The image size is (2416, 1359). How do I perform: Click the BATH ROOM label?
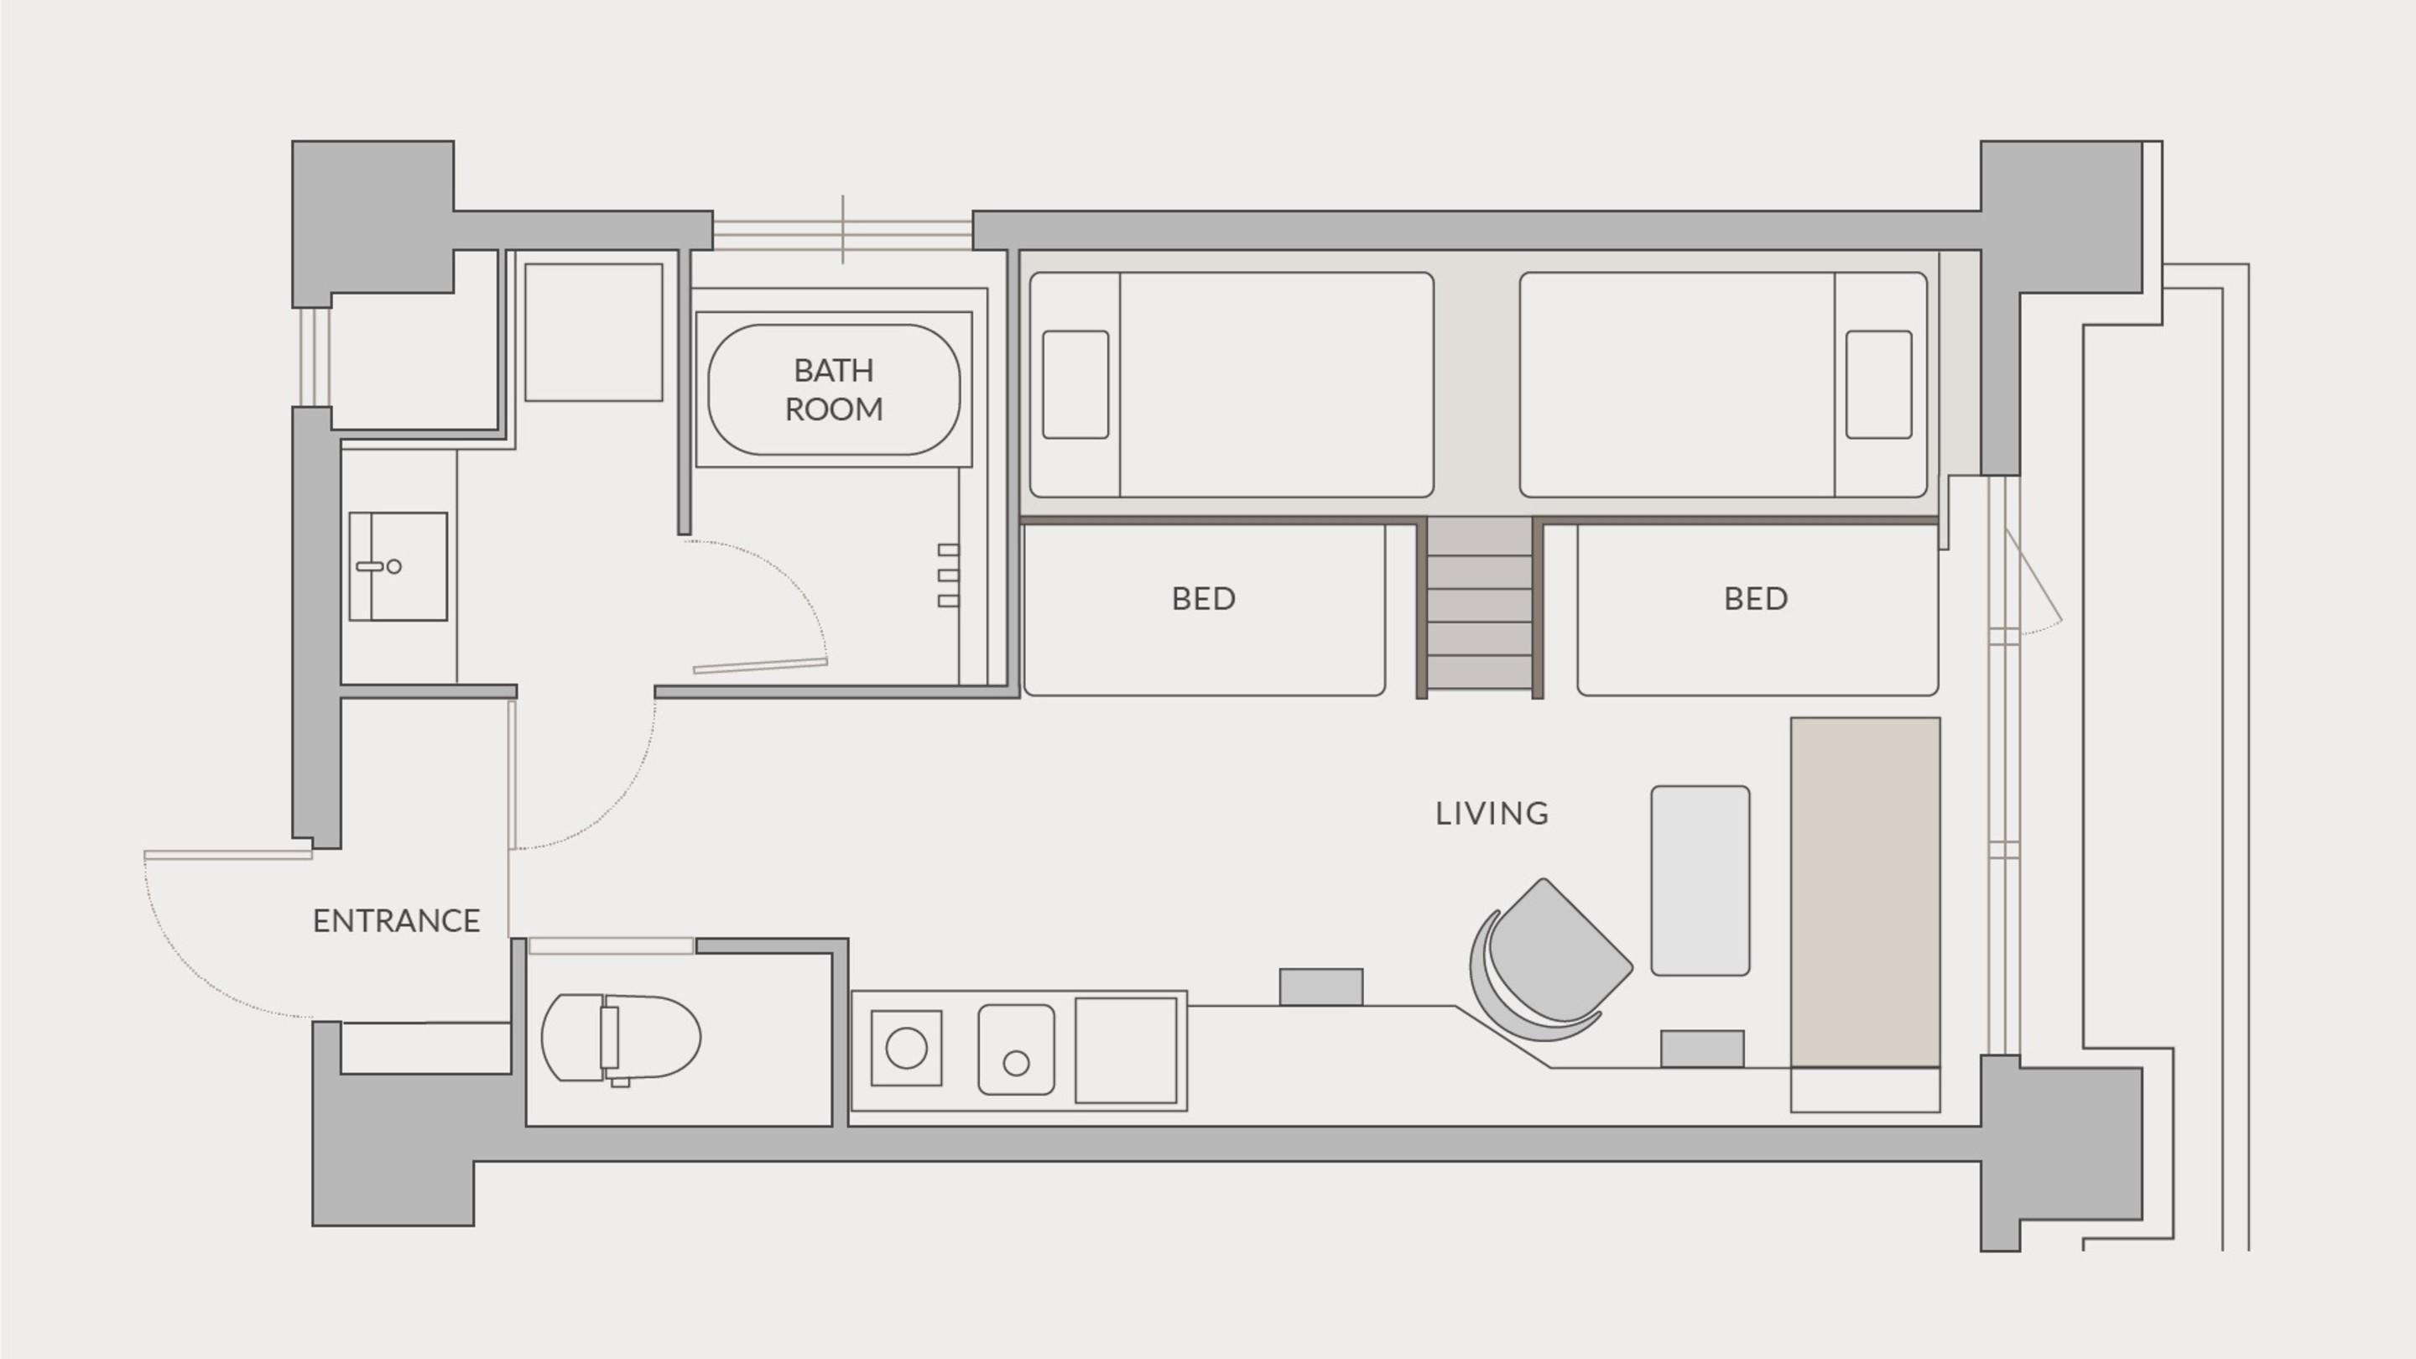834,389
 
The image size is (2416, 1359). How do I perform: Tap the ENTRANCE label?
396,921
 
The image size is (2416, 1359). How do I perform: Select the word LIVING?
1492,813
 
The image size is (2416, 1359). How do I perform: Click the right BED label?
1756,598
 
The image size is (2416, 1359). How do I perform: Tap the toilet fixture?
621,1039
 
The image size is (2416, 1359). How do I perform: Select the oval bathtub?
834,389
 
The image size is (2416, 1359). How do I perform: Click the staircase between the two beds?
1479,607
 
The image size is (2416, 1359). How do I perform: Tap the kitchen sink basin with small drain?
1016,1049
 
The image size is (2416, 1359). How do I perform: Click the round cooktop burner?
906,1048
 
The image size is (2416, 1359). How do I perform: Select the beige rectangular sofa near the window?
1866,892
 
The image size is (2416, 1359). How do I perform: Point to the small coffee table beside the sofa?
1700,881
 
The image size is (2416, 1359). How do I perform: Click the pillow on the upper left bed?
1075,384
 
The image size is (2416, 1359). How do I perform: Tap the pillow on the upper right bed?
1878,384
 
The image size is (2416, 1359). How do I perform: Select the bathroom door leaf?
761,665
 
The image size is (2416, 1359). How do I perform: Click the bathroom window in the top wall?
842,230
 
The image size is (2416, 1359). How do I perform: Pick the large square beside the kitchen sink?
1126,1050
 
